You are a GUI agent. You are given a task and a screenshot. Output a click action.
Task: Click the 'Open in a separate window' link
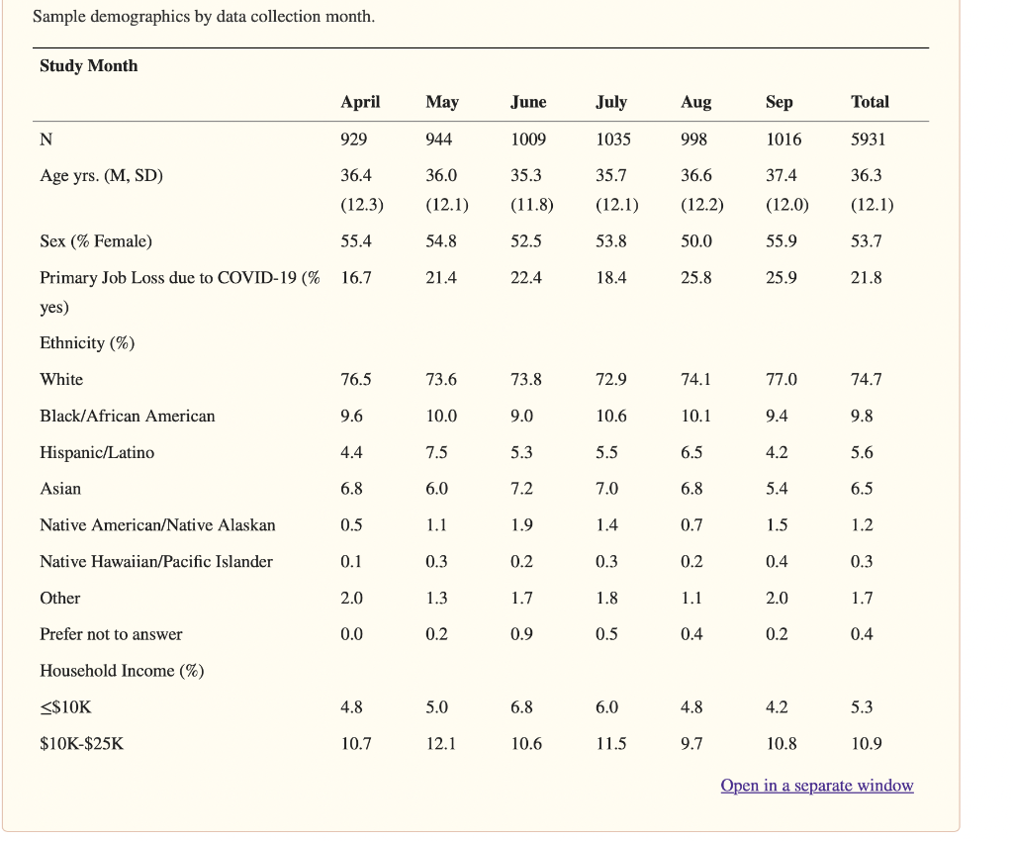point(816,786)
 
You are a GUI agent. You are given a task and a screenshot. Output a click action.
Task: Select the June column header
point(528,102)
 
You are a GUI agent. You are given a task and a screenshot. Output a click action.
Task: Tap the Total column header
point(870,102)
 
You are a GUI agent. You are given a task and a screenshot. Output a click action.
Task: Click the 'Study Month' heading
point(89,66)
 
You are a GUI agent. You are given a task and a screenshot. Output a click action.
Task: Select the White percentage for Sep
point(781,380)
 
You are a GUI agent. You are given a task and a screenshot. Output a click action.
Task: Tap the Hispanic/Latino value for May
point(436,453)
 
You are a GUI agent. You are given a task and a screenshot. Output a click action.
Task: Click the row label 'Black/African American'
point(127,417)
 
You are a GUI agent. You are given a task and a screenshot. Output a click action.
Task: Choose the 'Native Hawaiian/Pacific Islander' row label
point(156,562)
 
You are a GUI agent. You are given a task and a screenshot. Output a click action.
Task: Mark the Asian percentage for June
point(522,489)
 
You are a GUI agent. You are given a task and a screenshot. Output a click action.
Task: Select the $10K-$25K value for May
point(441,744)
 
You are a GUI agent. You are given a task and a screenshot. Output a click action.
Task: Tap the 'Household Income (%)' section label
point(122,671)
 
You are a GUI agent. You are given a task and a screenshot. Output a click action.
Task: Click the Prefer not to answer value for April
point(351,634)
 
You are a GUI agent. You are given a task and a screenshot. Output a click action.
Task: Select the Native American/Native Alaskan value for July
point(606,525)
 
